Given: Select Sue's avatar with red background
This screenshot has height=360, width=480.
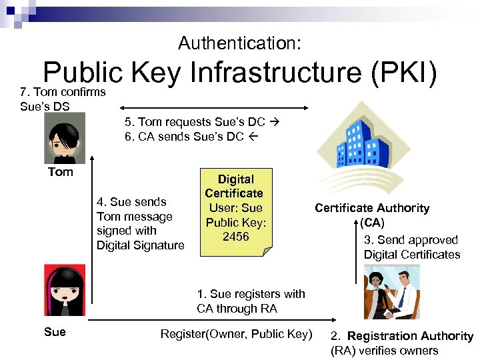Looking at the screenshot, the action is point(65,291).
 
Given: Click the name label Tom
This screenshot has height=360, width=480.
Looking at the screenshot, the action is point(60,172).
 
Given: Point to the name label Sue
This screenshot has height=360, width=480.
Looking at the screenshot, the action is point(55,331).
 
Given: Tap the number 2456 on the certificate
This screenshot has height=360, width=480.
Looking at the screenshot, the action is point(235,237).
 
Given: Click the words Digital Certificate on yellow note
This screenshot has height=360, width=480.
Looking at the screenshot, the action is point(234,186).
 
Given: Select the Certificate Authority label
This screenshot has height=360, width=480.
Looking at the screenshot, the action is point(372,208).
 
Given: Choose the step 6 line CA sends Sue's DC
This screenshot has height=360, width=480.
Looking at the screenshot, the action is point(192,137).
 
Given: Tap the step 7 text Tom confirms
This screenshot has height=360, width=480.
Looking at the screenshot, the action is point(63,92).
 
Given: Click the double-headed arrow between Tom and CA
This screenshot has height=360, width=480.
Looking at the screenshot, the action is point(213,105).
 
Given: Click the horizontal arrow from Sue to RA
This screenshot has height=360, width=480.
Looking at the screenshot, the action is point(213,322).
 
